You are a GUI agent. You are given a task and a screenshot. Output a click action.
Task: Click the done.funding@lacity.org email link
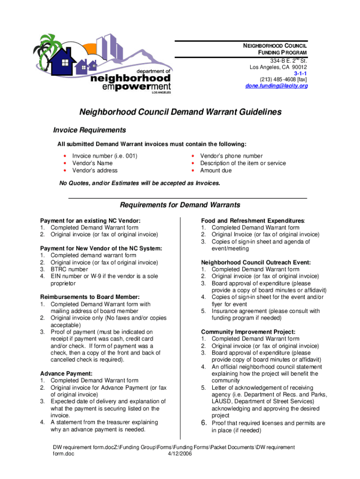277,86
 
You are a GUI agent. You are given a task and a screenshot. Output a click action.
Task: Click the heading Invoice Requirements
89,130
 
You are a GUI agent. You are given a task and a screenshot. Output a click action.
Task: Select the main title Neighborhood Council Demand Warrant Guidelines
180,112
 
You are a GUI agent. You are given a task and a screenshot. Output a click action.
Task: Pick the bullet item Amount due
216,170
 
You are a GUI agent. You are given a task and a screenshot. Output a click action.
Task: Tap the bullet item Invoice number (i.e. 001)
105,156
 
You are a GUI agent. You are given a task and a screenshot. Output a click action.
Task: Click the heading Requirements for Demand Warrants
180,205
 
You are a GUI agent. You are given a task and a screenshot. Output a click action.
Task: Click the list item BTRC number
69,269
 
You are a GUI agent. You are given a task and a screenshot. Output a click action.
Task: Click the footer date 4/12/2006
180,454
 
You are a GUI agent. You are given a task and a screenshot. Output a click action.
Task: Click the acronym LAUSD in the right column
222,401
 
